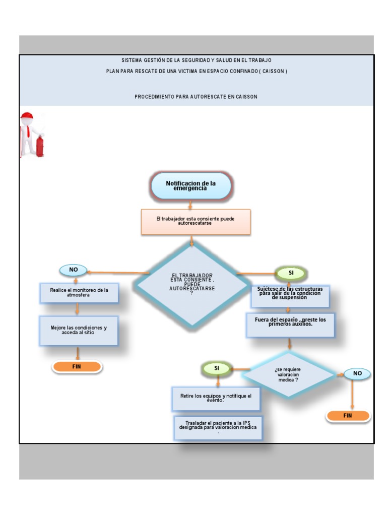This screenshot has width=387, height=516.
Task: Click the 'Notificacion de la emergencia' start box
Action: click(x=191, y=185)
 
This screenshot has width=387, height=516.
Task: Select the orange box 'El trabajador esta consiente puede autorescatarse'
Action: click(x=196, y=222)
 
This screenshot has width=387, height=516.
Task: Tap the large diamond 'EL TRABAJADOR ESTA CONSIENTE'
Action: click(x=192, y=283)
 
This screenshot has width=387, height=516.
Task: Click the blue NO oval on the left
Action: click(x=74, y=270)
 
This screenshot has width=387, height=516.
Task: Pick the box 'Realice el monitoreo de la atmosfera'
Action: click(x=79, y=293)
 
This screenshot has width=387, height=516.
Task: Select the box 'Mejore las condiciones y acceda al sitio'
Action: click(x=79, y=331)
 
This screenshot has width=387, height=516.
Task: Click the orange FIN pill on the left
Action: click(x=77, y=367)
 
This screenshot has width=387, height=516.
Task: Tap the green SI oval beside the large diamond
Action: click(x=291, y=273)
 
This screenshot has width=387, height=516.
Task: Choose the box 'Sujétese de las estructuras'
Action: click(x=290, y=296)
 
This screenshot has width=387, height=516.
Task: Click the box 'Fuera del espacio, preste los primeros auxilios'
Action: click(x=290, y=325)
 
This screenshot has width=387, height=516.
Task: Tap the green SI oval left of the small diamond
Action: click(x=217, y=368)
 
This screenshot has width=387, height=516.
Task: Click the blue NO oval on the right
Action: click(x=357, y=373)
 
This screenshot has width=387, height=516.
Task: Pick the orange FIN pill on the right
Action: click(x=348, y=416)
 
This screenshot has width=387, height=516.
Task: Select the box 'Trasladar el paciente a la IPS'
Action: click(x=218, y=427)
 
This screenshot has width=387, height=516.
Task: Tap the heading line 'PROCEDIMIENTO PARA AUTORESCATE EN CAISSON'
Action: click(x=196, y=97)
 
